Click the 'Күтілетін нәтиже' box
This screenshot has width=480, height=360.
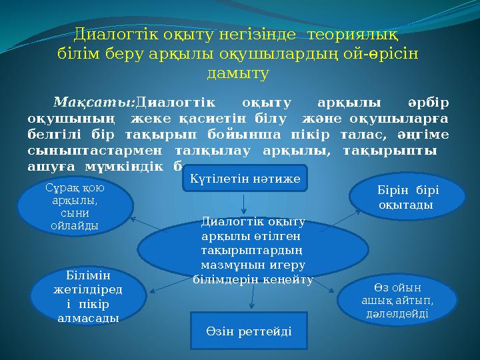tap(245, 178)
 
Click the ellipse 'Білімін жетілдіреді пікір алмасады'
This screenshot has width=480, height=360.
tap(88, 296)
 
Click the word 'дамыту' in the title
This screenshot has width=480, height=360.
tap(238, 72)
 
